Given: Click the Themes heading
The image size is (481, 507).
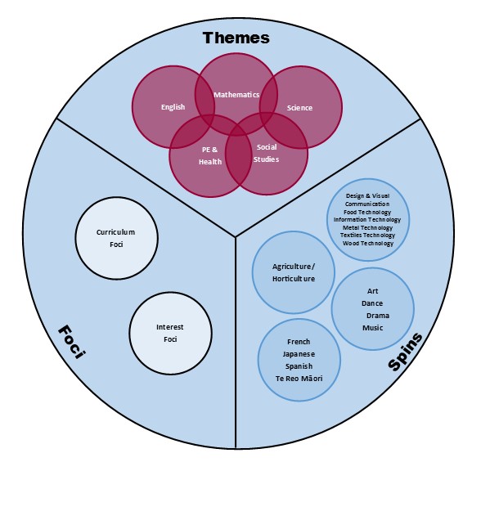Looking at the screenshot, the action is tap(236, 38).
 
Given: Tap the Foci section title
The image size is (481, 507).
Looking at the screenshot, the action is tap(72, 342).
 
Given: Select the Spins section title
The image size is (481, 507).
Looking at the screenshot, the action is tap(405, 352).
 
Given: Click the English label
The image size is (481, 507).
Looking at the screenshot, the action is tap(173, 107).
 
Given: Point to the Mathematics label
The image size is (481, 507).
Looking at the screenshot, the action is tap(236, 95).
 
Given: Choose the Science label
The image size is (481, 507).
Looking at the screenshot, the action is tap(299, 108).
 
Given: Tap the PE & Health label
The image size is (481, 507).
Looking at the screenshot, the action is tap(210, 155).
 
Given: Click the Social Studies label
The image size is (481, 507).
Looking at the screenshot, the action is tap(266, 153).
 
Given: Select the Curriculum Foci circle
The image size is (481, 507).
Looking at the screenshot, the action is tap(116, 238).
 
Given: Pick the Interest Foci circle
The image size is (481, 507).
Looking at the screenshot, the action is tap(170, 333).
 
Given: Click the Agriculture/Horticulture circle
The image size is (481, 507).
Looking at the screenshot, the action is tap(294, 272).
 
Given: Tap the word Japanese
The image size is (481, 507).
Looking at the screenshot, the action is tap(299, 354).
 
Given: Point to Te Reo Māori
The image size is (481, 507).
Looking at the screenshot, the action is tap(299, 379).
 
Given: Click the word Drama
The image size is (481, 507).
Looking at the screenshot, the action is tap(377, 316).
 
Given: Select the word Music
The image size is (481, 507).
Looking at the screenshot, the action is tap(373, 328).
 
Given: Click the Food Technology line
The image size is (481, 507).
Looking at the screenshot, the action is tap(367, 213).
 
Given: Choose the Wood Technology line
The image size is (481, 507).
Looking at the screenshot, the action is tap(368, 244).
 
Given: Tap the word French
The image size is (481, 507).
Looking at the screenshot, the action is tap(299, 342).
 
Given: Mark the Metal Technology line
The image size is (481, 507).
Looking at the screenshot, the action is tap(367, 228).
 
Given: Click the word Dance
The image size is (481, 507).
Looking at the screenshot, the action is tap(372, 303).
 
